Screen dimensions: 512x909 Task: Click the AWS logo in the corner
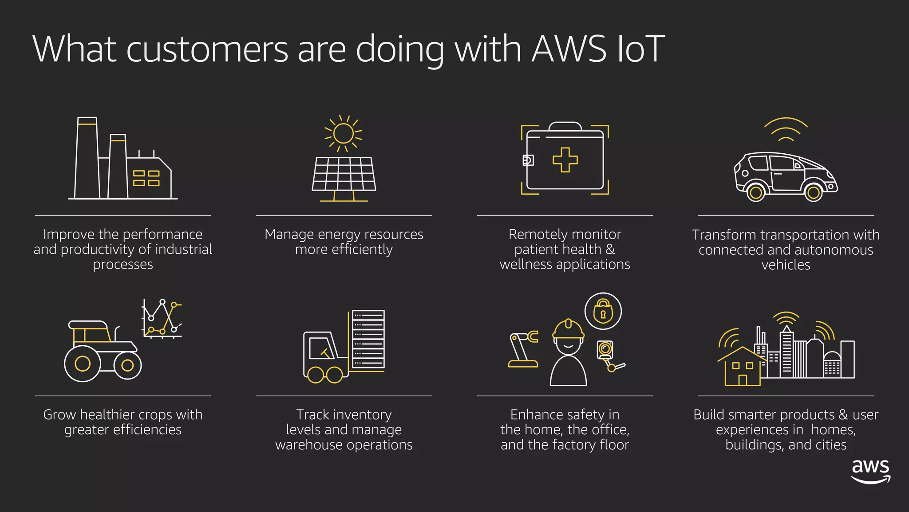(870, 472)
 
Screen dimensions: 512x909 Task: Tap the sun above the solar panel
(343, 133)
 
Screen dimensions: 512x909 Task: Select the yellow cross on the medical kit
(565, 160)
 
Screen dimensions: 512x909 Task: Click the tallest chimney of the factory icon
(87, 158)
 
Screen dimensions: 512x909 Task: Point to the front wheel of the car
(813, 192)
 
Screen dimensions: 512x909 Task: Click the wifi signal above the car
(786, 130)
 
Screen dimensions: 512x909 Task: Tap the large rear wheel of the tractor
(83, 364)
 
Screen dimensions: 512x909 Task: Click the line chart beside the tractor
(162, 319)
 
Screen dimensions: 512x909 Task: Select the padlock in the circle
(603, 311)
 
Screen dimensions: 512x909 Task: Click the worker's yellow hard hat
(568, 329)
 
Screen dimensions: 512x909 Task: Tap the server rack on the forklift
(368, 339)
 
